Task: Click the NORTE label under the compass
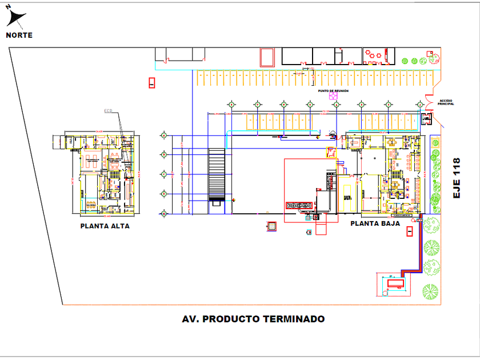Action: pos(19,35)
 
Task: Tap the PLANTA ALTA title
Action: pos(105,226)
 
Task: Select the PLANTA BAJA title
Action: pos(375,223)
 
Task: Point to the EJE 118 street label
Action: pos(457,178)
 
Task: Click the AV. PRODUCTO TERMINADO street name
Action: pos(253,319)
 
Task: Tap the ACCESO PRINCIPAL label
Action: pos(446,102)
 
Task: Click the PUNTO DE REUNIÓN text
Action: pos(333,91)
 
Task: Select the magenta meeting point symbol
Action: pos(334,97)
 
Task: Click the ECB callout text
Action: pos(109,110)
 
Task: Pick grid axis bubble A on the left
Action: pos(165,135)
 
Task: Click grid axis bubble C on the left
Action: pos(165,174)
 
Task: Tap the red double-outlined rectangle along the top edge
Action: pos(267,57)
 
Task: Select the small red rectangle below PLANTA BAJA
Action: pos(409,231)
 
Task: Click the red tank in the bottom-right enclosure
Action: pos(394,282)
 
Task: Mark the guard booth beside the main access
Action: pos(425,118)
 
